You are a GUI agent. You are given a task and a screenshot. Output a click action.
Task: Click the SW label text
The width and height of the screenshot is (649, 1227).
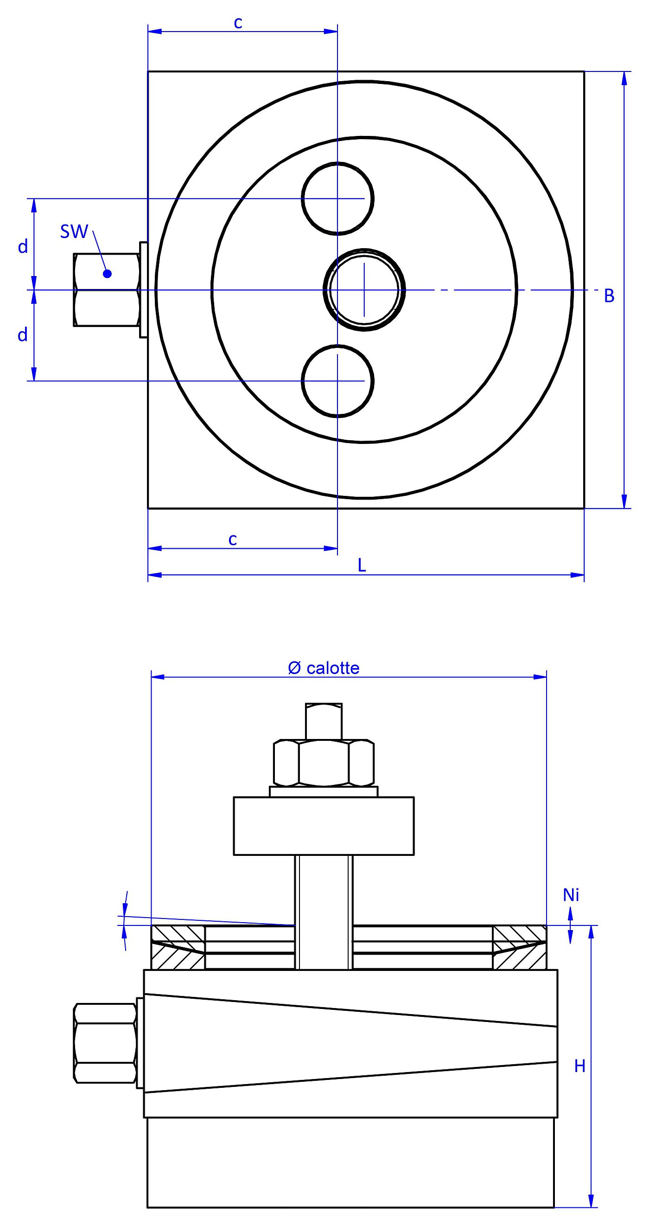[74, 231]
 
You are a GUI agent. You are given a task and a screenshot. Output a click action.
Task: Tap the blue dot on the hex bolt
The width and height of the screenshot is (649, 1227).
[107, 273]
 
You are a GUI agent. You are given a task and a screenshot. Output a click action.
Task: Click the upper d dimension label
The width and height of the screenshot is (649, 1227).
[22, 247]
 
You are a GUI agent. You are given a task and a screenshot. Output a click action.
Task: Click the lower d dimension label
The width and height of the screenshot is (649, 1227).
[22, 335]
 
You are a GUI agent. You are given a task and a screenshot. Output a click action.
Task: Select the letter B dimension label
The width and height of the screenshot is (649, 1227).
[609, 296]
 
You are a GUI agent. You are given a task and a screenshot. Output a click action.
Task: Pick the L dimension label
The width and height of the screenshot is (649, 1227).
[362, 565]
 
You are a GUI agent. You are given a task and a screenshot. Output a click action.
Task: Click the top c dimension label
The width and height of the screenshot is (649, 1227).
[238, 22]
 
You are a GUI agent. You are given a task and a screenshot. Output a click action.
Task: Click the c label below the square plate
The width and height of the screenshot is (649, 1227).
[232, 539]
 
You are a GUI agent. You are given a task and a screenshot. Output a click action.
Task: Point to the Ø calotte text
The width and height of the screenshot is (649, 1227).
[324, 668]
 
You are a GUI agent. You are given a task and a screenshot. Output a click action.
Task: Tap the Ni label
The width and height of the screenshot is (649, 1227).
[571, 895]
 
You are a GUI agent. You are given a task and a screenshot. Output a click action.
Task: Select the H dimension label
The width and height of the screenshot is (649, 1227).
[579, 1075]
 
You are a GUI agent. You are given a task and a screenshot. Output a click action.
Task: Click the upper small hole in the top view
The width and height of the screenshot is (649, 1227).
[337, 198]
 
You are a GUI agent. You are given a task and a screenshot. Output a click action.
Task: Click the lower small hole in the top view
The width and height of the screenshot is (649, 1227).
[337, 381]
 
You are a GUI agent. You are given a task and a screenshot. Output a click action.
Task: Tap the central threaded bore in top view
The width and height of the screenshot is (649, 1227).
[364, 289]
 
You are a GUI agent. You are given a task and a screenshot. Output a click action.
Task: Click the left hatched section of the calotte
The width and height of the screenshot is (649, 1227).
[177, 947]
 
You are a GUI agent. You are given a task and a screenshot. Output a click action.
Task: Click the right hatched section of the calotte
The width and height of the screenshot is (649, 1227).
[520, 947]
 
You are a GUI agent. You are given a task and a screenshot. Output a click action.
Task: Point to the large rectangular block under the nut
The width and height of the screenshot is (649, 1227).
[324, 826]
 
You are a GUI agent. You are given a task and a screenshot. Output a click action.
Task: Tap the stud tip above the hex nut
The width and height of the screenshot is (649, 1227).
[324, 721]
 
